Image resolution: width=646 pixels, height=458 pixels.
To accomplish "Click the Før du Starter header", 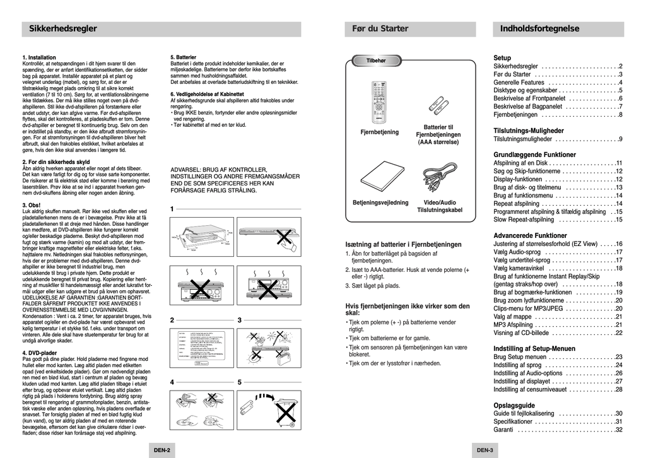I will pos(380,28).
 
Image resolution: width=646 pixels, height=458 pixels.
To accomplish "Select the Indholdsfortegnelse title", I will pos(539,28).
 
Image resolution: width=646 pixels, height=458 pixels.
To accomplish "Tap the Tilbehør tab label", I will pos(376,61).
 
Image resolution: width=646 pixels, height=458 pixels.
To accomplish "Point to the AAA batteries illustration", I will pos(437,102).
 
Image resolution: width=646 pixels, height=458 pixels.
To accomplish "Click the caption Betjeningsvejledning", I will pos(380,203).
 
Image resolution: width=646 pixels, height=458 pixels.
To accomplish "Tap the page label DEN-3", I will pos(484,450).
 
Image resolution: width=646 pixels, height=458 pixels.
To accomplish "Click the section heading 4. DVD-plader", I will pos(40,353).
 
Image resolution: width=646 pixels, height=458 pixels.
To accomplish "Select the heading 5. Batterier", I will pos(184,57).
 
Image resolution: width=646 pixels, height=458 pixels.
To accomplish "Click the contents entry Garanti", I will pos(503,430).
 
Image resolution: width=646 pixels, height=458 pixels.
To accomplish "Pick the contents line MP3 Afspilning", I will pos(514,325).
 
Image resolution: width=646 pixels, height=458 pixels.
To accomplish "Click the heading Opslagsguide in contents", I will pos(514,405).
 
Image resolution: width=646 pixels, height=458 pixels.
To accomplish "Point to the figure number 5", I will pos(240,382).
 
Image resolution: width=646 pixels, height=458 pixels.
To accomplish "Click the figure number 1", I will pos(172,209).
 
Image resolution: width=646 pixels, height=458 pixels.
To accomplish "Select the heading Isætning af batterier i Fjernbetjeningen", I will pos(404,244).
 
